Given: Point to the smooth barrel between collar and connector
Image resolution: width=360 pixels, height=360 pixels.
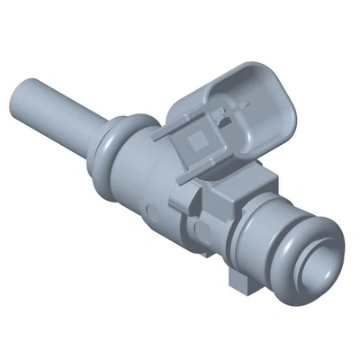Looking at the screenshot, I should (148, 166).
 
